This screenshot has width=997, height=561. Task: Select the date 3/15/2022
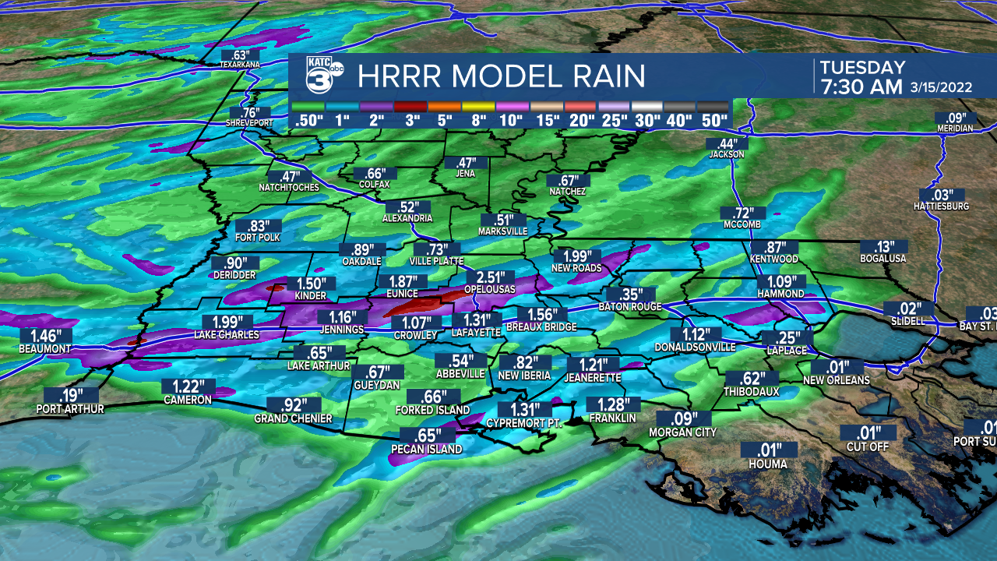941,88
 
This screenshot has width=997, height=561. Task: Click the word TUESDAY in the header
862,67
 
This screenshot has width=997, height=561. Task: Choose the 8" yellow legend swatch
477,106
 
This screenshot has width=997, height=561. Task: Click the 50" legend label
713,121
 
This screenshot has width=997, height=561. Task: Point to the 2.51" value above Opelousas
491,277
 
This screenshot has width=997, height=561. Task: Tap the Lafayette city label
476,333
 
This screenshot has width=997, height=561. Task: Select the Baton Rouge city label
630,307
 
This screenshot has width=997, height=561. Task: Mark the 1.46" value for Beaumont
45,336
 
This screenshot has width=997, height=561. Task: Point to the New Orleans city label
837,380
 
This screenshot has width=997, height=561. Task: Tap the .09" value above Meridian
955,118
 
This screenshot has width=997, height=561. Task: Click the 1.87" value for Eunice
402,281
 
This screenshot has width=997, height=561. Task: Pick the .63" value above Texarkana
239,55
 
